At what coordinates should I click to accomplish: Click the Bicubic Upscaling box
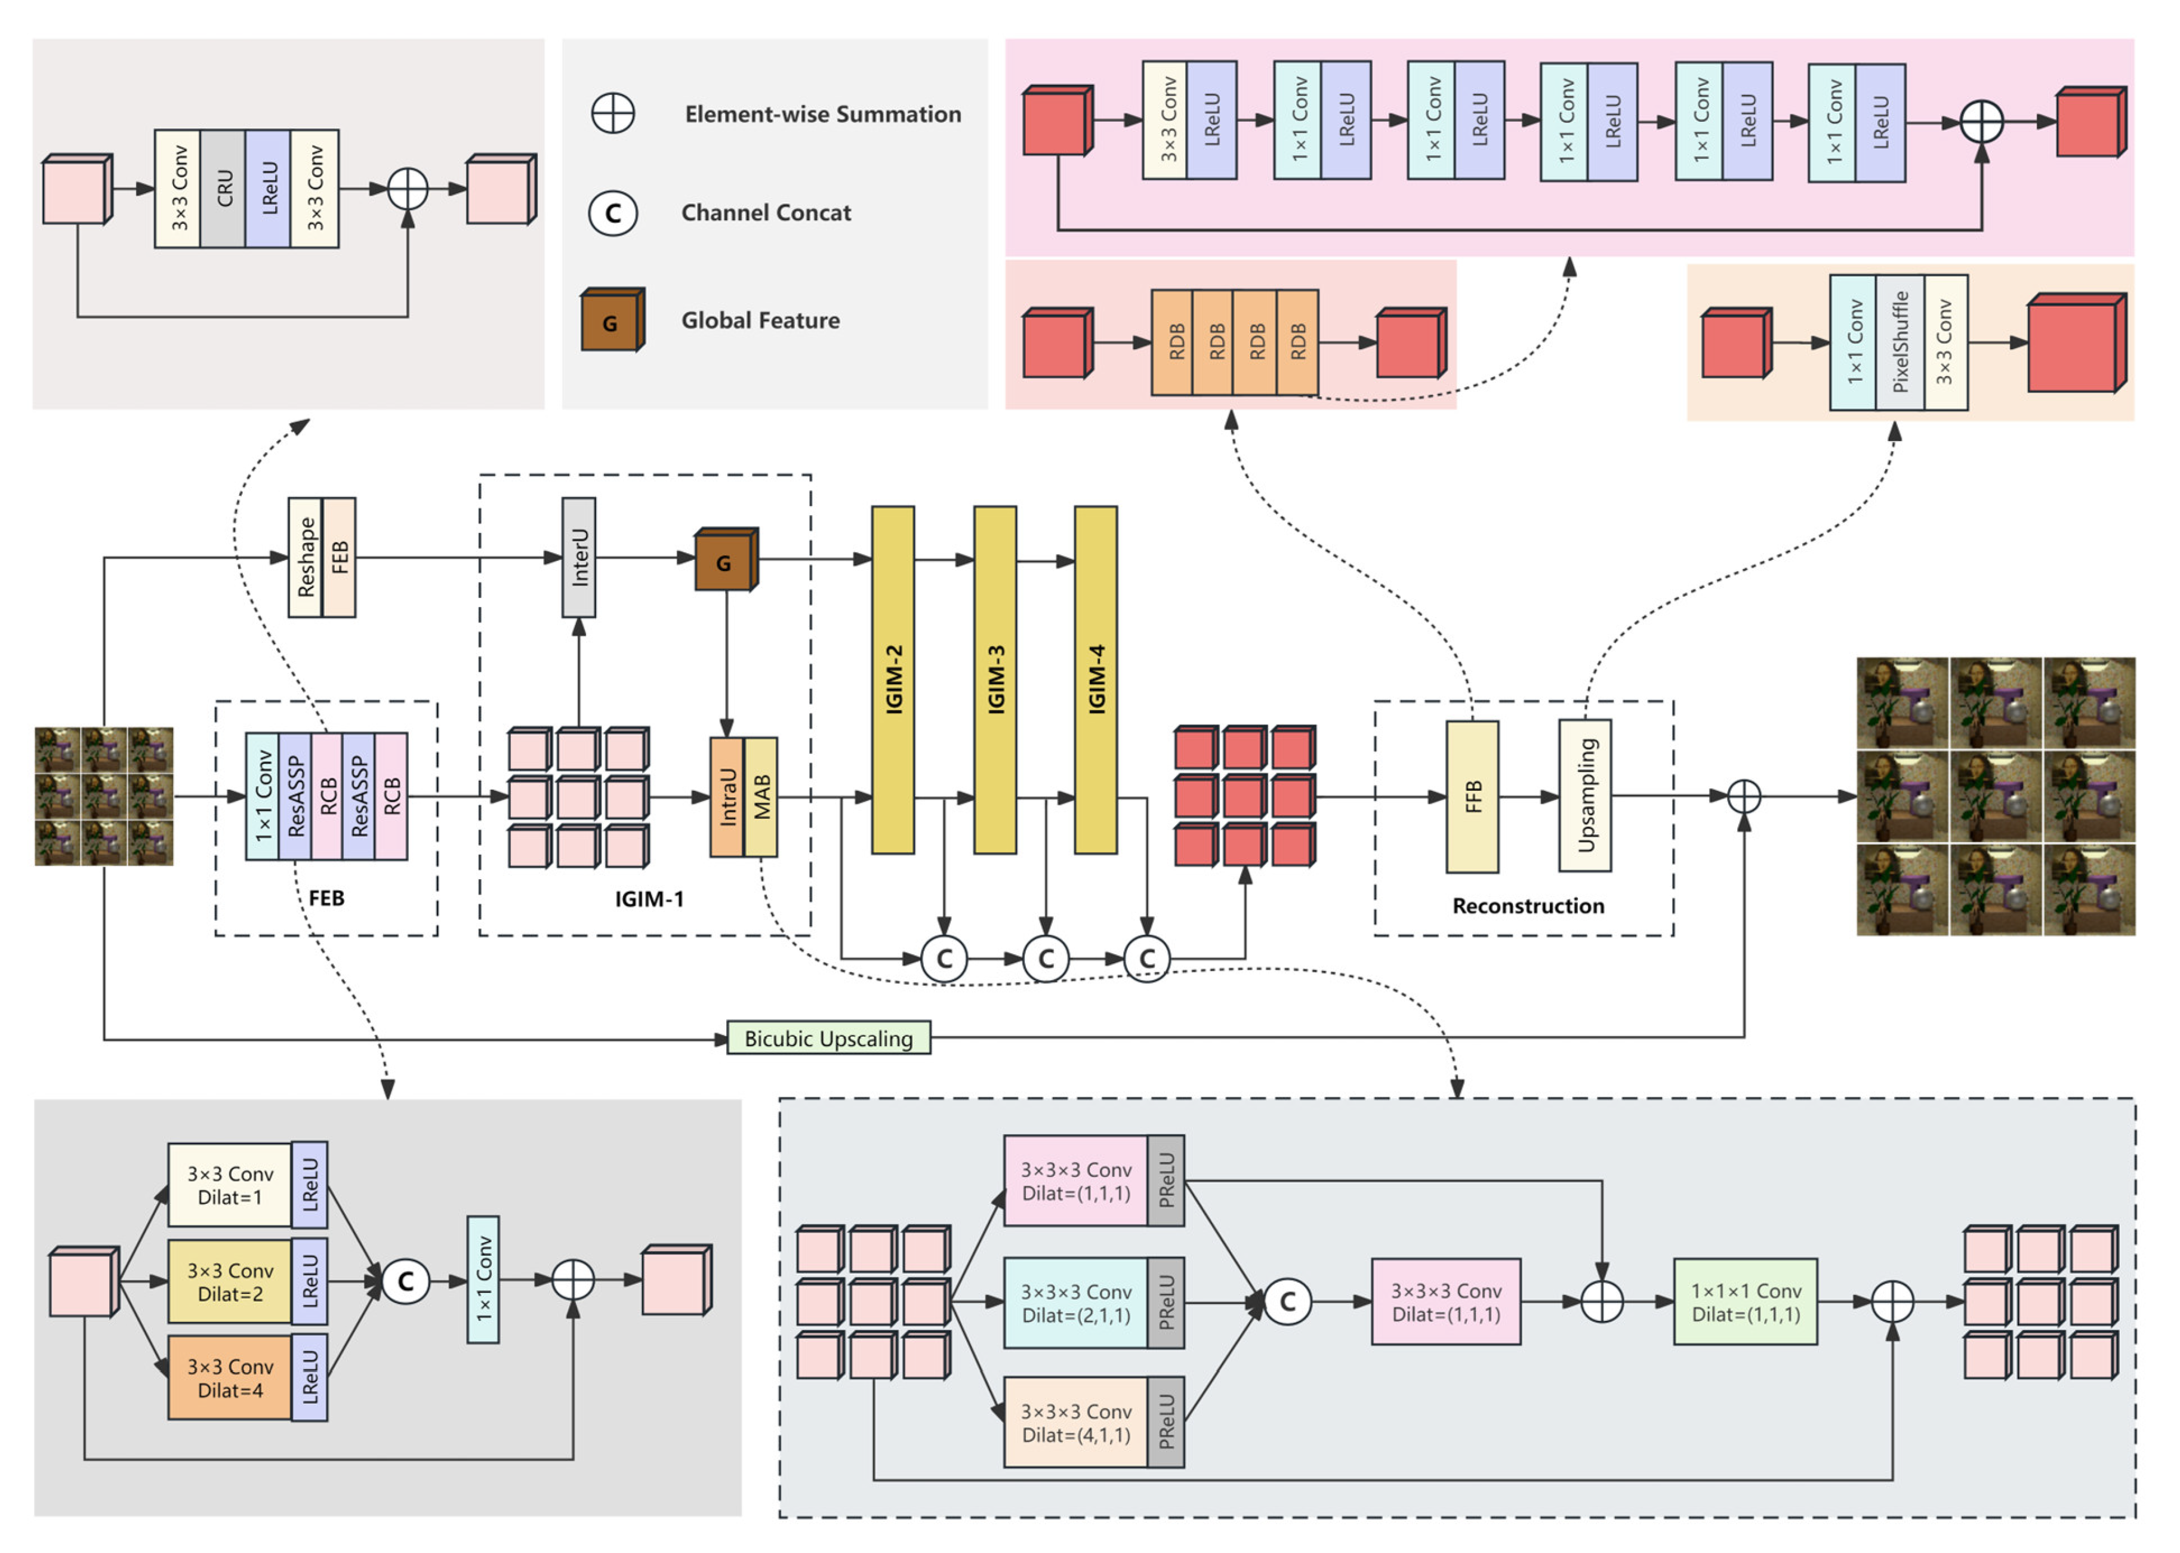828,1039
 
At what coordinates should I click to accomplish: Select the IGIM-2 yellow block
893,680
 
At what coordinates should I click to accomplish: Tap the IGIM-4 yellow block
1096,680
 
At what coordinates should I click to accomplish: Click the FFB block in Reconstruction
1472,797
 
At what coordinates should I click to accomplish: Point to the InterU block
578,557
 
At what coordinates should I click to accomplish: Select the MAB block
760,797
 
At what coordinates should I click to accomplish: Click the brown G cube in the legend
610,321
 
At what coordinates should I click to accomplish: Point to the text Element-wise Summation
822,115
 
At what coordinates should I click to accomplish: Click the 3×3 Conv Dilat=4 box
230,1378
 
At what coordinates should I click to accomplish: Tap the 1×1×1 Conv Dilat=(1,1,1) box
1745,1302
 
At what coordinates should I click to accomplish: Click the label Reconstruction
1528,905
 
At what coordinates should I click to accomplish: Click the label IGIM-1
649,899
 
